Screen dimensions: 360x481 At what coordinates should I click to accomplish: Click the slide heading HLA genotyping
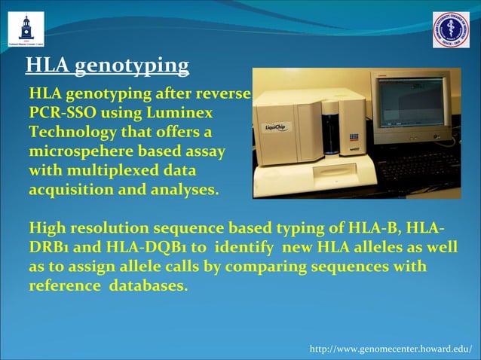107,67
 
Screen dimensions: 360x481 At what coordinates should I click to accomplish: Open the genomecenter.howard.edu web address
391,349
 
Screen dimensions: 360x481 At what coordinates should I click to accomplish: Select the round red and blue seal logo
451,30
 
